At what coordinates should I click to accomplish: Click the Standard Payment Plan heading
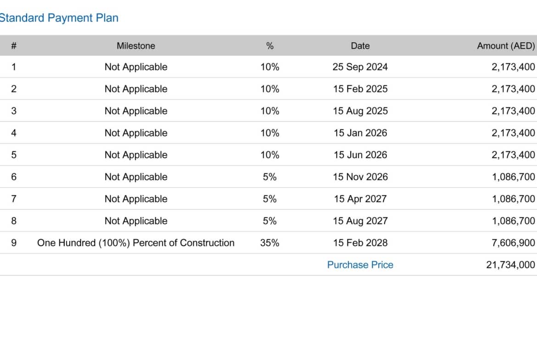pyautogui.click(x=59, y=18)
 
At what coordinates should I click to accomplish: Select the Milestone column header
pyautogui.click(x=136, y=46)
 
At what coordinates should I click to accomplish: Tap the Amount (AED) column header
pyautogui.click(x=506, y=46)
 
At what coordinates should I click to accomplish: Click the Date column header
pyautogui.click(x=360, y=46)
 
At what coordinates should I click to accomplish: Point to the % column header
pyautogui.click(x=270, y=46)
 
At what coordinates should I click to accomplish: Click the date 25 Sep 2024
pyautogui.click(x=360, y=67)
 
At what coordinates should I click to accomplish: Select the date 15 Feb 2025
pyautogui.click(x=360, y=89)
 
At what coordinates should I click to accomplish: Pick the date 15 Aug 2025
pyautogui.click(x=360, y=111)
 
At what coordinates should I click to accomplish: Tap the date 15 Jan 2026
pyautogui.click(x=360, y=133)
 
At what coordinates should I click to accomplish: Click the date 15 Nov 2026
pyautogui.click(x=360, y=177)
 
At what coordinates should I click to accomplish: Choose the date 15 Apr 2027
pyautogui.click(x=360, y=199)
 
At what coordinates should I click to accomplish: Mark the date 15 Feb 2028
pyautogui.click(x=360, y=243)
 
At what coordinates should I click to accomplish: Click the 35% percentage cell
pyautogui.click(x=270, y=243)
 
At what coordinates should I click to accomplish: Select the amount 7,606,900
pyautogui.click(x=513, y=243)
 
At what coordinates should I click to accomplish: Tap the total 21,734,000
pyautogui.click(x=510, y=265)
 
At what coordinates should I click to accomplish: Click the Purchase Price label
pyautogui.click(x=360, y=265)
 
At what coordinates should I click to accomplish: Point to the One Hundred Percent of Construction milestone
pyautogui.click(x=136, y=243)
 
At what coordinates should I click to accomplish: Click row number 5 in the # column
pyautogui.click(x=14, y=155)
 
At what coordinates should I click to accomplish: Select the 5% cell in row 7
pyautogui.click(x=270, y=199)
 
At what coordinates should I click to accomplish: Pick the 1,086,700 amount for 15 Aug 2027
pyautogui.click(x=513, y=221)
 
